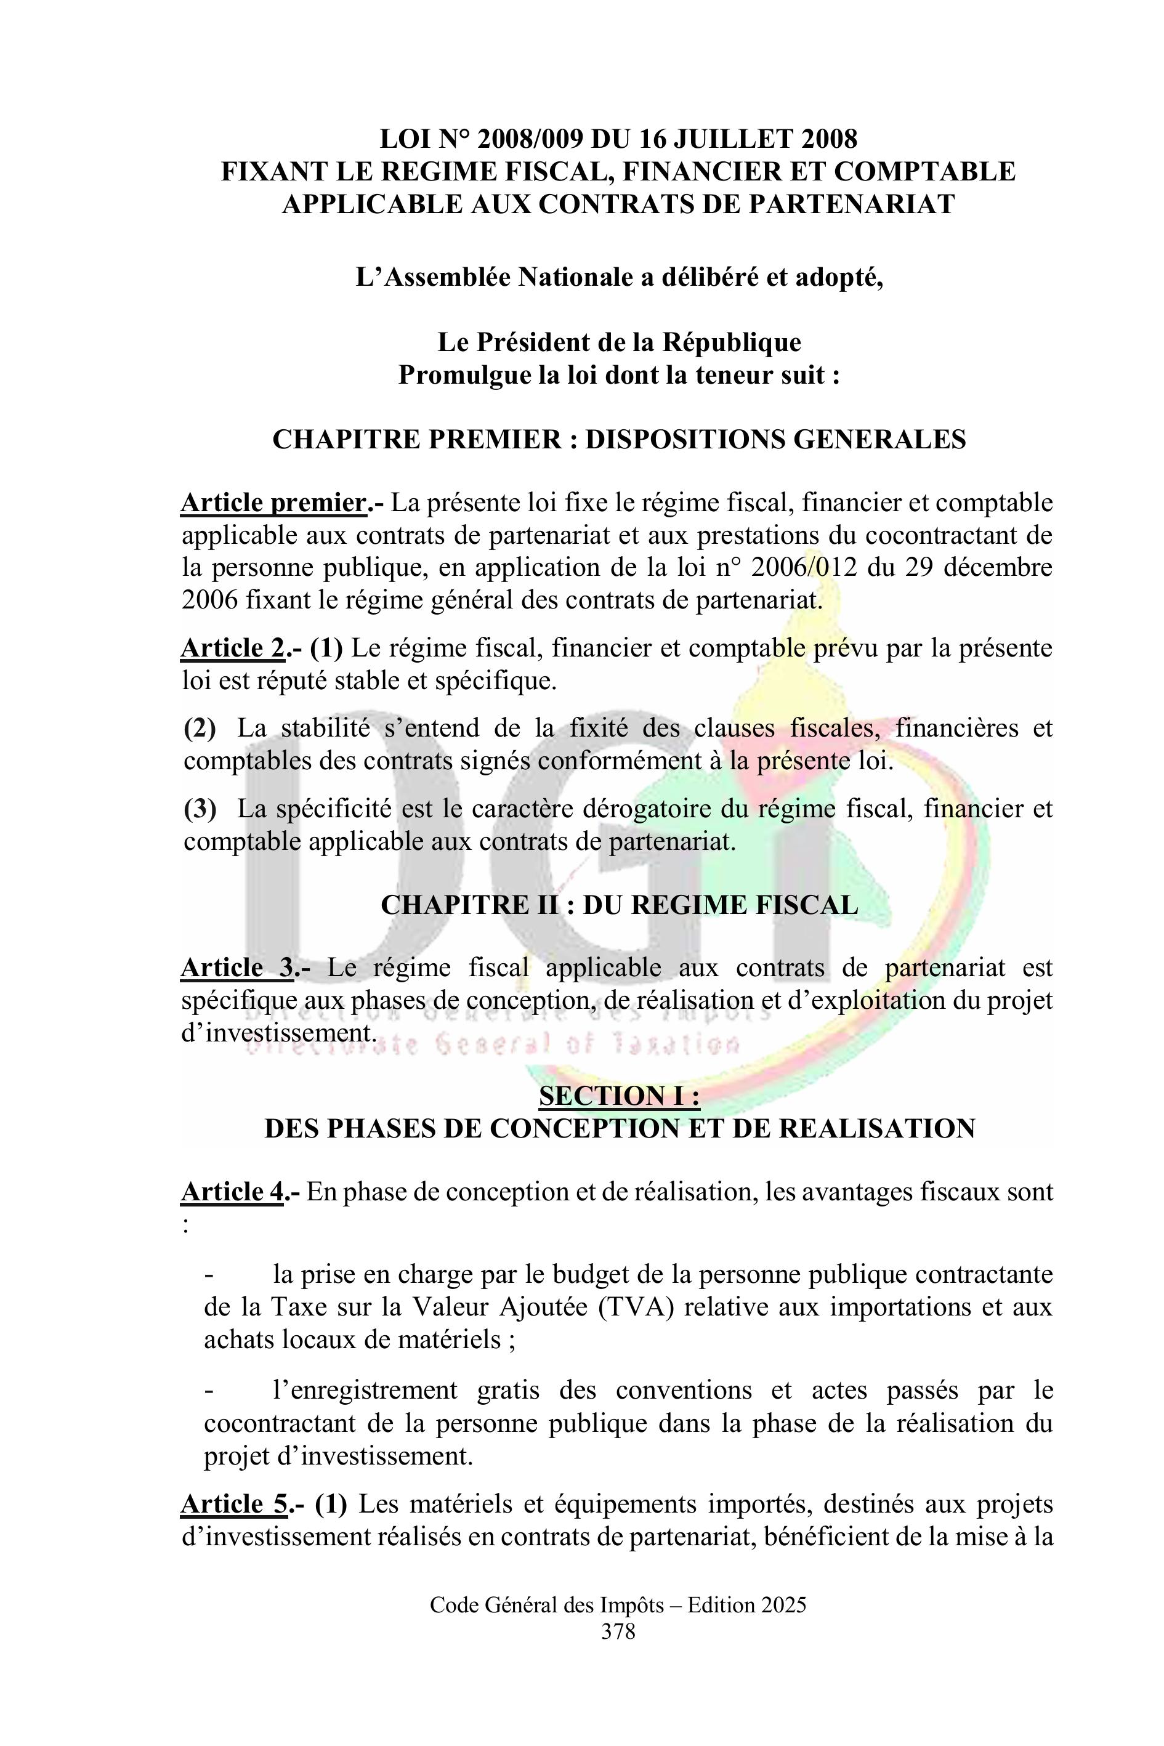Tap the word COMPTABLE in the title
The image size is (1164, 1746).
[x=924, y=171]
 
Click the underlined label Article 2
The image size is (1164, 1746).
[x=232, y=649]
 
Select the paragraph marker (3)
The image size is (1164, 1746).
[x=200, y=809]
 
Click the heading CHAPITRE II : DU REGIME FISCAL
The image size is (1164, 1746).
[x=619, y=905]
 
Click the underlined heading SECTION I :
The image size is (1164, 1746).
[x=619, y=1096]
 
